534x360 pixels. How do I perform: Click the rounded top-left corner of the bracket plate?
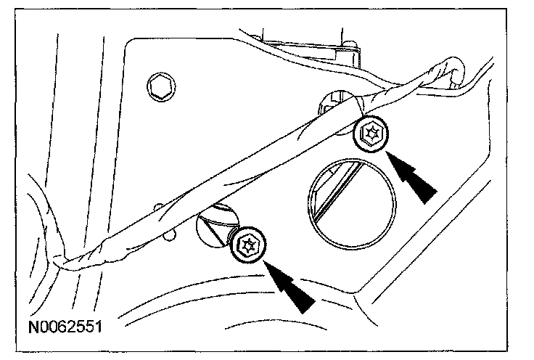click(131, 45)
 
